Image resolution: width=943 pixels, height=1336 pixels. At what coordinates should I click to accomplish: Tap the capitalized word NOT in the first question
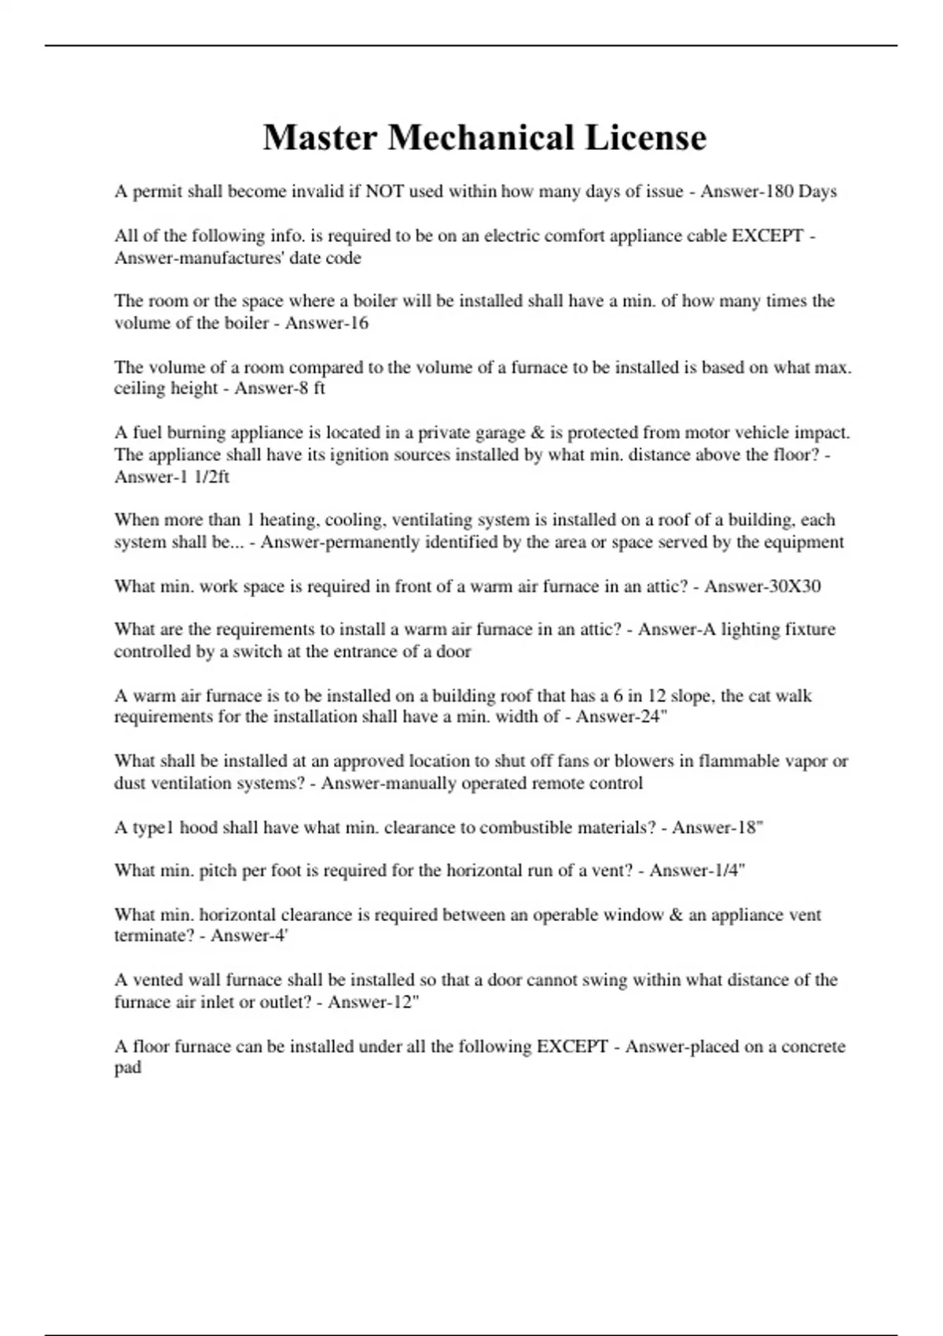coord(383,192)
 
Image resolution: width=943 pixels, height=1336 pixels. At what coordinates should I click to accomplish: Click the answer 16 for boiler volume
coord(358,323)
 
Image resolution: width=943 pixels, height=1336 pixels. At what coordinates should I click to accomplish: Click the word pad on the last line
coord(127,1067)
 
